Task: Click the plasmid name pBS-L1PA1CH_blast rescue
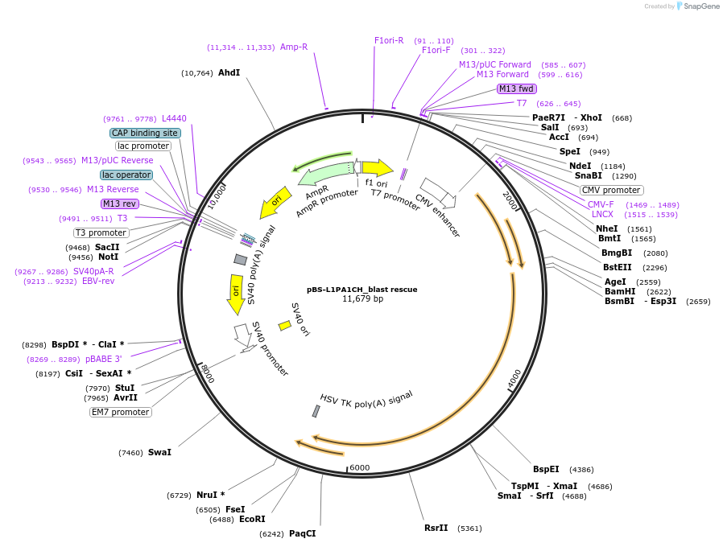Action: pyautogui.click(x=361, y=289)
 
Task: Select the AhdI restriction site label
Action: pyautogui.click(x=229, y=72)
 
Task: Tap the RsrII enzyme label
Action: pyautogui.click(x=436, y=528)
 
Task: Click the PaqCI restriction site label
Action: pyautogui.click(x=302, y=533)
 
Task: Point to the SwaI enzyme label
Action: pyautogui.click(x=159, y=452)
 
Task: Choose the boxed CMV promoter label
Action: pyautogui.click(x=611, y=190)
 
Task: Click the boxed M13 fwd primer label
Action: pyautogui.click(x=516, y=88)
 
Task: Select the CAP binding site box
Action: pyautogui.click(x=145, y=133)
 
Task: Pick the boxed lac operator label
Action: pyautogui.click(x=126, y=175)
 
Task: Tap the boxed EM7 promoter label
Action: pyautogui.click(x=121, y=412)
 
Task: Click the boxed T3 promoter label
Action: pyautogui.click(x=101, y=232)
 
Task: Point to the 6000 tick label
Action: pyautogui.click(x=359, y=468)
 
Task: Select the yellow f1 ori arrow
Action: pyautogui.click(x=377, y=167)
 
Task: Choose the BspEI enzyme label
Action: pyautogui.click(x=545, y=469)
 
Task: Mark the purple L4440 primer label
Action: pyautogui.click(x=174, y=118)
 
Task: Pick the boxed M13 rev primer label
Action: pyautogui.click(x=119, y=204)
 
